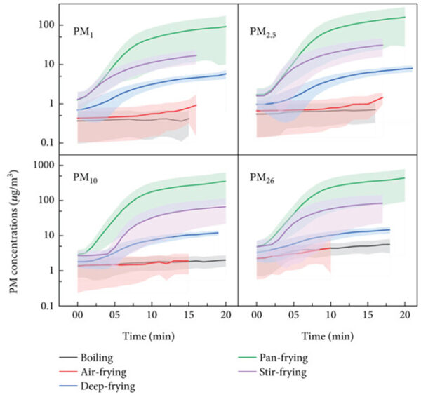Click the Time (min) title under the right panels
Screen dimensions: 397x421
(x=328, y=337)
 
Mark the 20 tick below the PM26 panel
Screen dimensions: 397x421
(x=404, y=317)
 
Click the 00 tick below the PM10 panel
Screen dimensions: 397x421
(x=78, y=317)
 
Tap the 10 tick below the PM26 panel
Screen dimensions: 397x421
(x=331, y=317)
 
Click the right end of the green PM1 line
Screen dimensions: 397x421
(x=225, y=27)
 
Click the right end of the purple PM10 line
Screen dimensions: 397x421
(x=225, y=206)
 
